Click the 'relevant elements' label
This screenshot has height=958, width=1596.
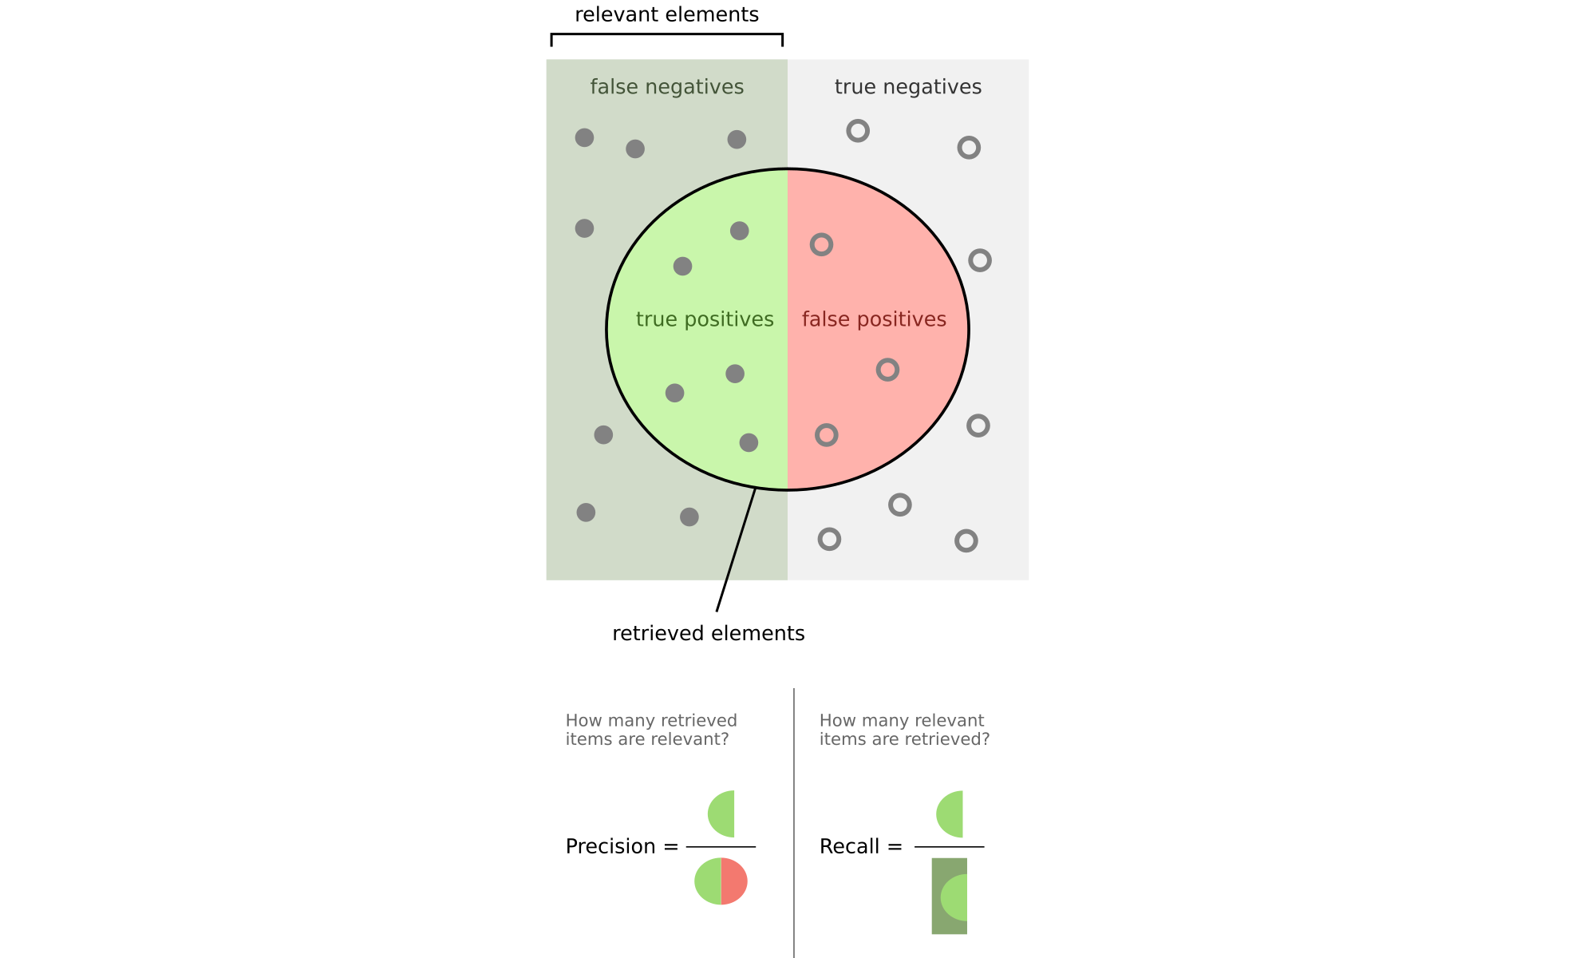[666, 14]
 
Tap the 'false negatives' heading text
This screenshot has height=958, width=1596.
[666, 87]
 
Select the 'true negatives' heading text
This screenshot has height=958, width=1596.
[908, 87]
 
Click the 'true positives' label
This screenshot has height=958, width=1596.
[705, 319]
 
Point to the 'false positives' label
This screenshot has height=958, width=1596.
[874, 319]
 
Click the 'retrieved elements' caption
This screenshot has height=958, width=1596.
[708, 633]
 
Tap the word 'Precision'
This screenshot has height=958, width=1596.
[610, 846]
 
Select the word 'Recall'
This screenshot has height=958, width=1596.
[849, 846]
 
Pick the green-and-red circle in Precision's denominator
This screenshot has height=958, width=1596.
[721, 881]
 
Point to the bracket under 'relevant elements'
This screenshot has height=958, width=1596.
[666, 34]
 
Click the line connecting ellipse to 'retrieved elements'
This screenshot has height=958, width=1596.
[736, 550]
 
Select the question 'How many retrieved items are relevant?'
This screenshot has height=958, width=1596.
[651, 730]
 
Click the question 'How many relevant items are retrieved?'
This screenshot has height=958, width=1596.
[904, 730]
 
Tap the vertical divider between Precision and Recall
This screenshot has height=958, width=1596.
[794, 823]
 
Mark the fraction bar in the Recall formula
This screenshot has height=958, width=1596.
[949, 847]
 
